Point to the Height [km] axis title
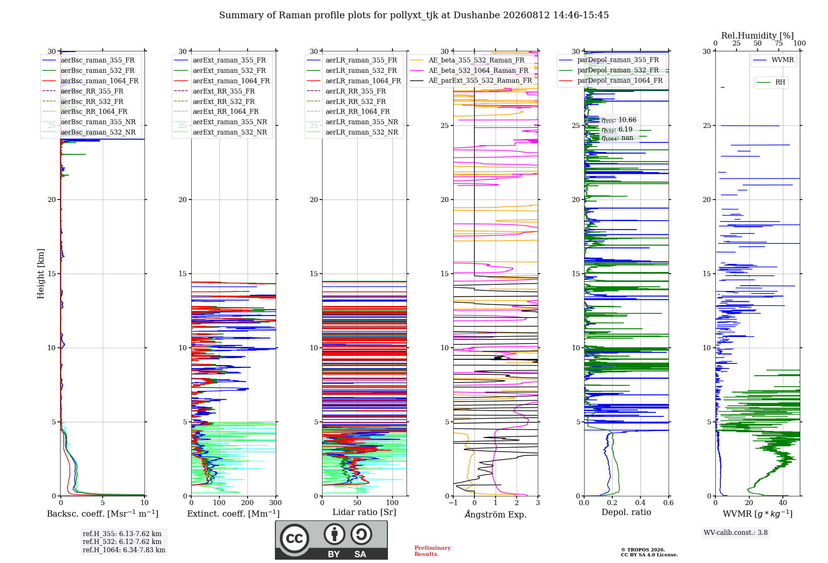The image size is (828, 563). pos(41,274)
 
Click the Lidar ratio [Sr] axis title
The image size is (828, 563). pos(364,512)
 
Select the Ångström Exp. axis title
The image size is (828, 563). pos(496,514)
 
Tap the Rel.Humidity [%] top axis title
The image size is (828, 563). pos(758,36)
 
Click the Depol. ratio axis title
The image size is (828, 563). pos(626,512)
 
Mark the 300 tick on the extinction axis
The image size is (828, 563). pos(275,503)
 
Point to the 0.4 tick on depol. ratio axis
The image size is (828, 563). pos(640,503)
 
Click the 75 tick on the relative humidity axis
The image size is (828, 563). pos(779,43)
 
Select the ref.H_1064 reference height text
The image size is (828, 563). pos(124,550)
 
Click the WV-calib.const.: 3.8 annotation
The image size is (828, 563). pos(736,532)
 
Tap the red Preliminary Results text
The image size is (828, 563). pos(433,551)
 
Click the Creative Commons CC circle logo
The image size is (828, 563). pos(294,539)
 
